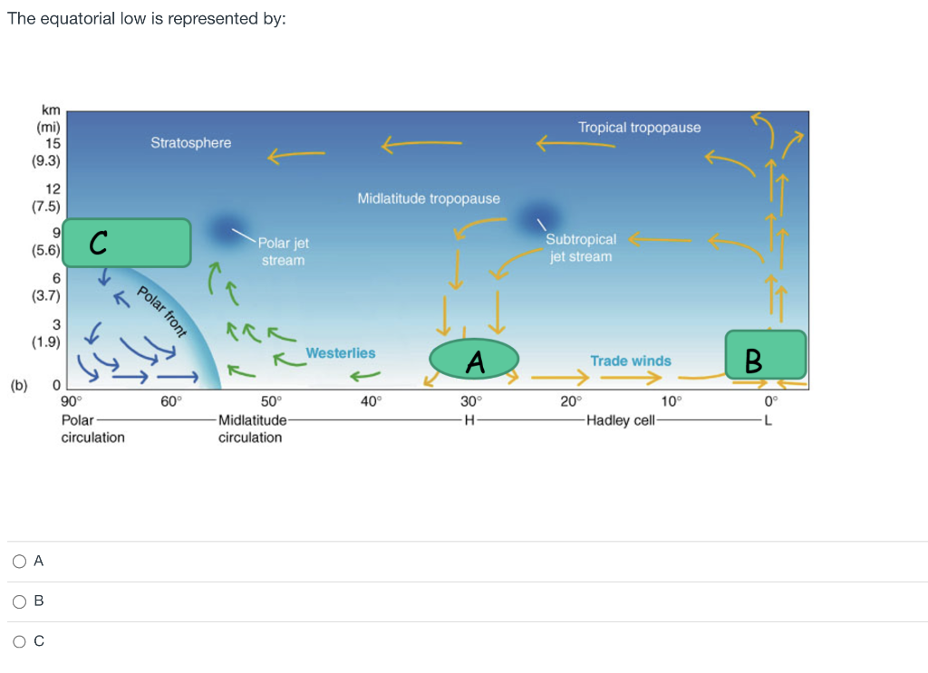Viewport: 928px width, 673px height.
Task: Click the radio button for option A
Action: [x=19, y=562]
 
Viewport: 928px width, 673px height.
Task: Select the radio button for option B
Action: [x=19, y=601]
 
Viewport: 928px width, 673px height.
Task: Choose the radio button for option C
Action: [x=19, y=641]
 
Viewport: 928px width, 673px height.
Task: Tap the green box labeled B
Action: [x=765, y=355]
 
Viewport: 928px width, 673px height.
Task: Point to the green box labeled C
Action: [x=128, y=243]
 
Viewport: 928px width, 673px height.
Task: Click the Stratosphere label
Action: [x=190, y=143]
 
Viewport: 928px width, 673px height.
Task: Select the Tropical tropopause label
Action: [x=639, y=128]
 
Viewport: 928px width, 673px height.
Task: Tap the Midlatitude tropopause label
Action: [x=429, y=198]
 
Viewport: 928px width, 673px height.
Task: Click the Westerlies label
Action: [x=340, y=353]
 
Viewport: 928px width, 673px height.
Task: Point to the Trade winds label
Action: [x=631, y=361]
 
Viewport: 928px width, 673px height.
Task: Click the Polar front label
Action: [x=161, y=311]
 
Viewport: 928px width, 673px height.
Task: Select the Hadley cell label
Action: [x=621, y=421]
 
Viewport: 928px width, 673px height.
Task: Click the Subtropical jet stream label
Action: [x=581, y=247]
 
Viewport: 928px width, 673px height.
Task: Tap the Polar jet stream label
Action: [x=284, y=252]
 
